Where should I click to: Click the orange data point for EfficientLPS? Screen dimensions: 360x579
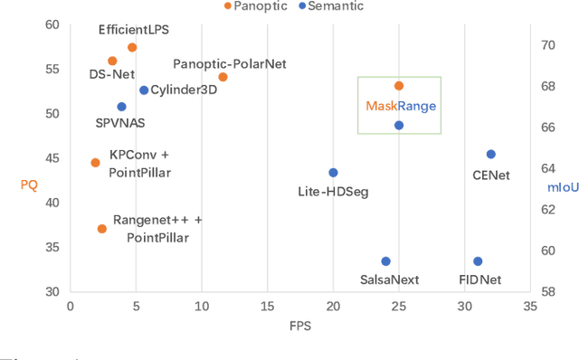[132, 47]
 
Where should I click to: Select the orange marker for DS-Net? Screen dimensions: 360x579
[112, 61]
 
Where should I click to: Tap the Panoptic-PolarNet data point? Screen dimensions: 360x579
[223, 77]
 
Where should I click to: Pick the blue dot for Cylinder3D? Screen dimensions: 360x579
[144, 90]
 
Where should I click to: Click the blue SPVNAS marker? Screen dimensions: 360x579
[121, 107]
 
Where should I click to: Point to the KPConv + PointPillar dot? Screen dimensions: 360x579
[95, 163]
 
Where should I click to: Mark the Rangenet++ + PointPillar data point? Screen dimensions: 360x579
[102, 229]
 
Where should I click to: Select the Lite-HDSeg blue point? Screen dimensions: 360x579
[333, 173]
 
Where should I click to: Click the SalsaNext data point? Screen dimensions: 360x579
[385, 261]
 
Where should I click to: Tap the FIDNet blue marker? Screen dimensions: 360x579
[478, 261]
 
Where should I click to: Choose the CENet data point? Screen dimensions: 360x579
[491, 155]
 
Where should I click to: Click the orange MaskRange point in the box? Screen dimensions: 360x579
[399, 86]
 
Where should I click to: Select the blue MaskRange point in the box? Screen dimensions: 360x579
[399, 126]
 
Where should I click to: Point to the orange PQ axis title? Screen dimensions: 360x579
[29, 185]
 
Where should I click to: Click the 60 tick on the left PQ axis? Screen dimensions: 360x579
[53, 24]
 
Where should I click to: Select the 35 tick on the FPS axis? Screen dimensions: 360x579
[530, 307]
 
